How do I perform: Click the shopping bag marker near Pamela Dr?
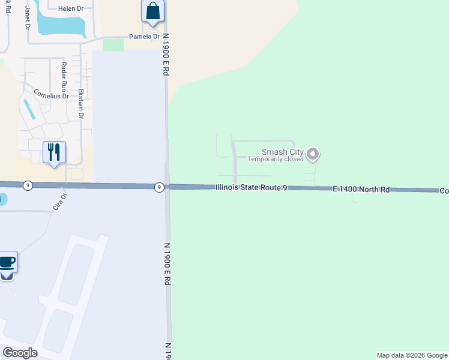(x=153, y=11)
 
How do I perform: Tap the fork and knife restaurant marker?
(x=54, y=152)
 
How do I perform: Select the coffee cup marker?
(x=7, y=262)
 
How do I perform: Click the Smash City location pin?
(x=312, y=155)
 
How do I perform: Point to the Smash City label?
(x=282, y=152)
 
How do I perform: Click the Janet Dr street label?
(x=27, y=18)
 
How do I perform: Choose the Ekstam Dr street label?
(x=81, y=103)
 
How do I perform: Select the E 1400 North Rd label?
(x=361, y=189)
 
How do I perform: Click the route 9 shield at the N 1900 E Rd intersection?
(x=158, y=187)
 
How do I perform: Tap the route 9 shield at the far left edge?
(x=28, y=186)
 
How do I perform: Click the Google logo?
(x=20, y=353)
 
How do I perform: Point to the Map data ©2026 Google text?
(x=412, y=355)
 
